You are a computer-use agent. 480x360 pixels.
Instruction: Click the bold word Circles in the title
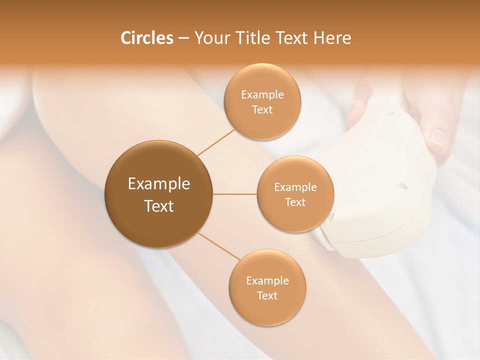point(146,38)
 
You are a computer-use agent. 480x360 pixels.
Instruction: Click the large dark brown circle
point(158,193)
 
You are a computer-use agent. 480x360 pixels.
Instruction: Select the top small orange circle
point(262,101)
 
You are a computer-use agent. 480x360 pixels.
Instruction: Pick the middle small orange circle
point(295,194)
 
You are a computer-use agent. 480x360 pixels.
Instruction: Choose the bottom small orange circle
point(267,287)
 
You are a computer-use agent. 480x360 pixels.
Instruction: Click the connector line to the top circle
point(216,142)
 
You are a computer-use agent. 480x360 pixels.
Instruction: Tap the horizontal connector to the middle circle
point(234,194)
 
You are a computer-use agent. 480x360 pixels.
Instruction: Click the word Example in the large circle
point(158,184)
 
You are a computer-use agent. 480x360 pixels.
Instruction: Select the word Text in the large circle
point(158,206)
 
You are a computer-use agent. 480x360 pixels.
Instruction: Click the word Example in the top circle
point(262,94)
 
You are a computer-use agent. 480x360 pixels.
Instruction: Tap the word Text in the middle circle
point(295,202)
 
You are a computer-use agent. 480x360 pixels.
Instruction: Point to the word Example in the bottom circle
point(267,280)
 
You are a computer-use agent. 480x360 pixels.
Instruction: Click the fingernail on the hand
point(438,139)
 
